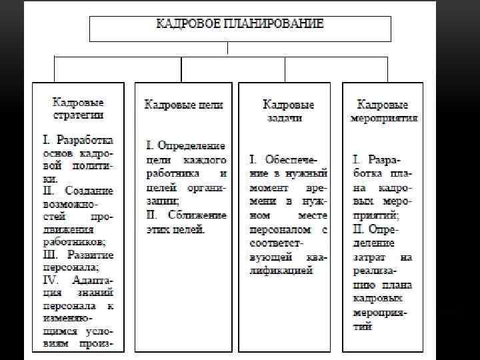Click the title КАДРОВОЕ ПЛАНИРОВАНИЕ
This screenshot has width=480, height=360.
coord(239,24)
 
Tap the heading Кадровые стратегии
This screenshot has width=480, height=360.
coord(79,109)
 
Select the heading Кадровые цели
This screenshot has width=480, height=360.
coord(184,105)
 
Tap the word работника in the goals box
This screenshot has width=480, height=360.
coord(171,172)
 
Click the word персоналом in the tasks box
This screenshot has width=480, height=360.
coord(281,230)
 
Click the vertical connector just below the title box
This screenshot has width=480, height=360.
coord(228,47)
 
